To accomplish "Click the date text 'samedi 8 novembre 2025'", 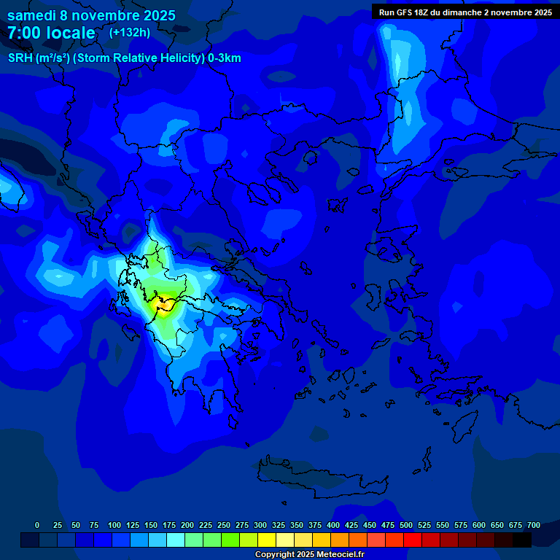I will click(x=91, y=15).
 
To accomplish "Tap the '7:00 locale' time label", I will click(x=51, y=33).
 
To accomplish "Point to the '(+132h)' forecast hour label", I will click(x=130, y=32).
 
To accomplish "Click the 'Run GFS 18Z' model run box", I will click(x=464, y=12).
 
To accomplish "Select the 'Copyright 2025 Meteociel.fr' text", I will click(x=309, y=555).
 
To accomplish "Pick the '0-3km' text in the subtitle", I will click(x=224, y=58).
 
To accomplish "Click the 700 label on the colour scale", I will click(x=534, y=525).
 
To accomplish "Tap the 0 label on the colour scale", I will click(x=37, y=525).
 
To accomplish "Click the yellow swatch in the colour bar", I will click(x=267, y=540).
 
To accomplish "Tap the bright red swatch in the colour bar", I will click(x=413, y=540).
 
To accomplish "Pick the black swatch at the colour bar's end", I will click(x=522, y=540).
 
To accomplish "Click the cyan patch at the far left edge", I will click(x=7, y=186).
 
